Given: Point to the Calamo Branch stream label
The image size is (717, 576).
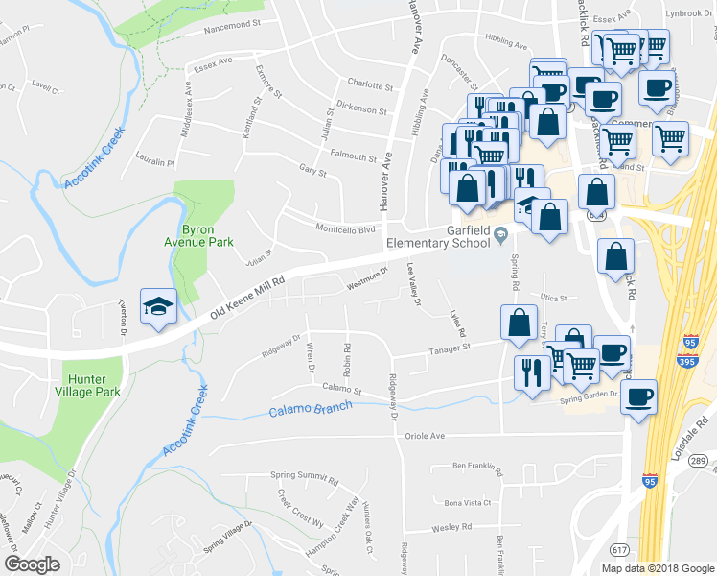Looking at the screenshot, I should [310, 409].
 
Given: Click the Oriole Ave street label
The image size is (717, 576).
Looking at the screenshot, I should [426, 435].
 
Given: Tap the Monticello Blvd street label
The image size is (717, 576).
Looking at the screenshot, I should [346, 229].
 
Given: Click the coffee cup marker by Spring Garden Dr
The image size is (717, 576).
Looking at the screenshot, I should [639, 396].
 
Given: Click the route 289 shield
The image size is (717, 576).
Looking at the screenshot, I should [698, 462].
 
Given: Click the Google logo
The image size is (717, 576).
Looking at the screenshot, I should [33, 564].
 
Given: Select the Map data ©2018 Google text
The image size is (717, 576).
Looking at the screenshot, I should [658, 568].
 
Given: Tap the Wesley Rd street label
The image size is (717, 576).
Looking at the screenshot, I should [452, 527].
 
